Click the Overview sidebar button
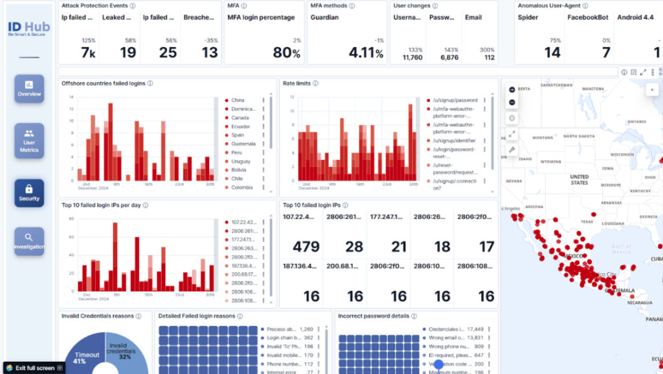(29, 89)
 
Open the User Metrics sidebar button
(29, 141)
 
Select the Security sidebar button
(29, 193)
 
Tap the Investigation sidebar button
(29, 241)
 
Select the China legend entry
(238, 100)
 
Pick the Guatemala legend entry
(243, 144)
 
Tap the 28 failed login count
(354, 247)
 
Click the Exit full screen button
(34, 368)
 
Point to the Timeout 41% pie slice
(86, 358)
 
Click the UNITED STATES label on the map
(579, 179)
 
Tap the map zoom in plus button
(512, 89)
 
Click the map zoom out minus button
(512, 102)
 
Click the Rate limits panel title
(297, 83)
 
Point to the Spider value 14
(552, 52)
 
